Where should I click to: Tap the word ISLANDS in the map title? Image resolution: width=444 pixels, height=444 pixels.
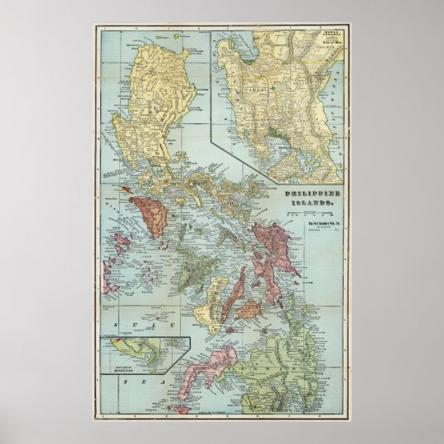(x=313, y=201)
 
